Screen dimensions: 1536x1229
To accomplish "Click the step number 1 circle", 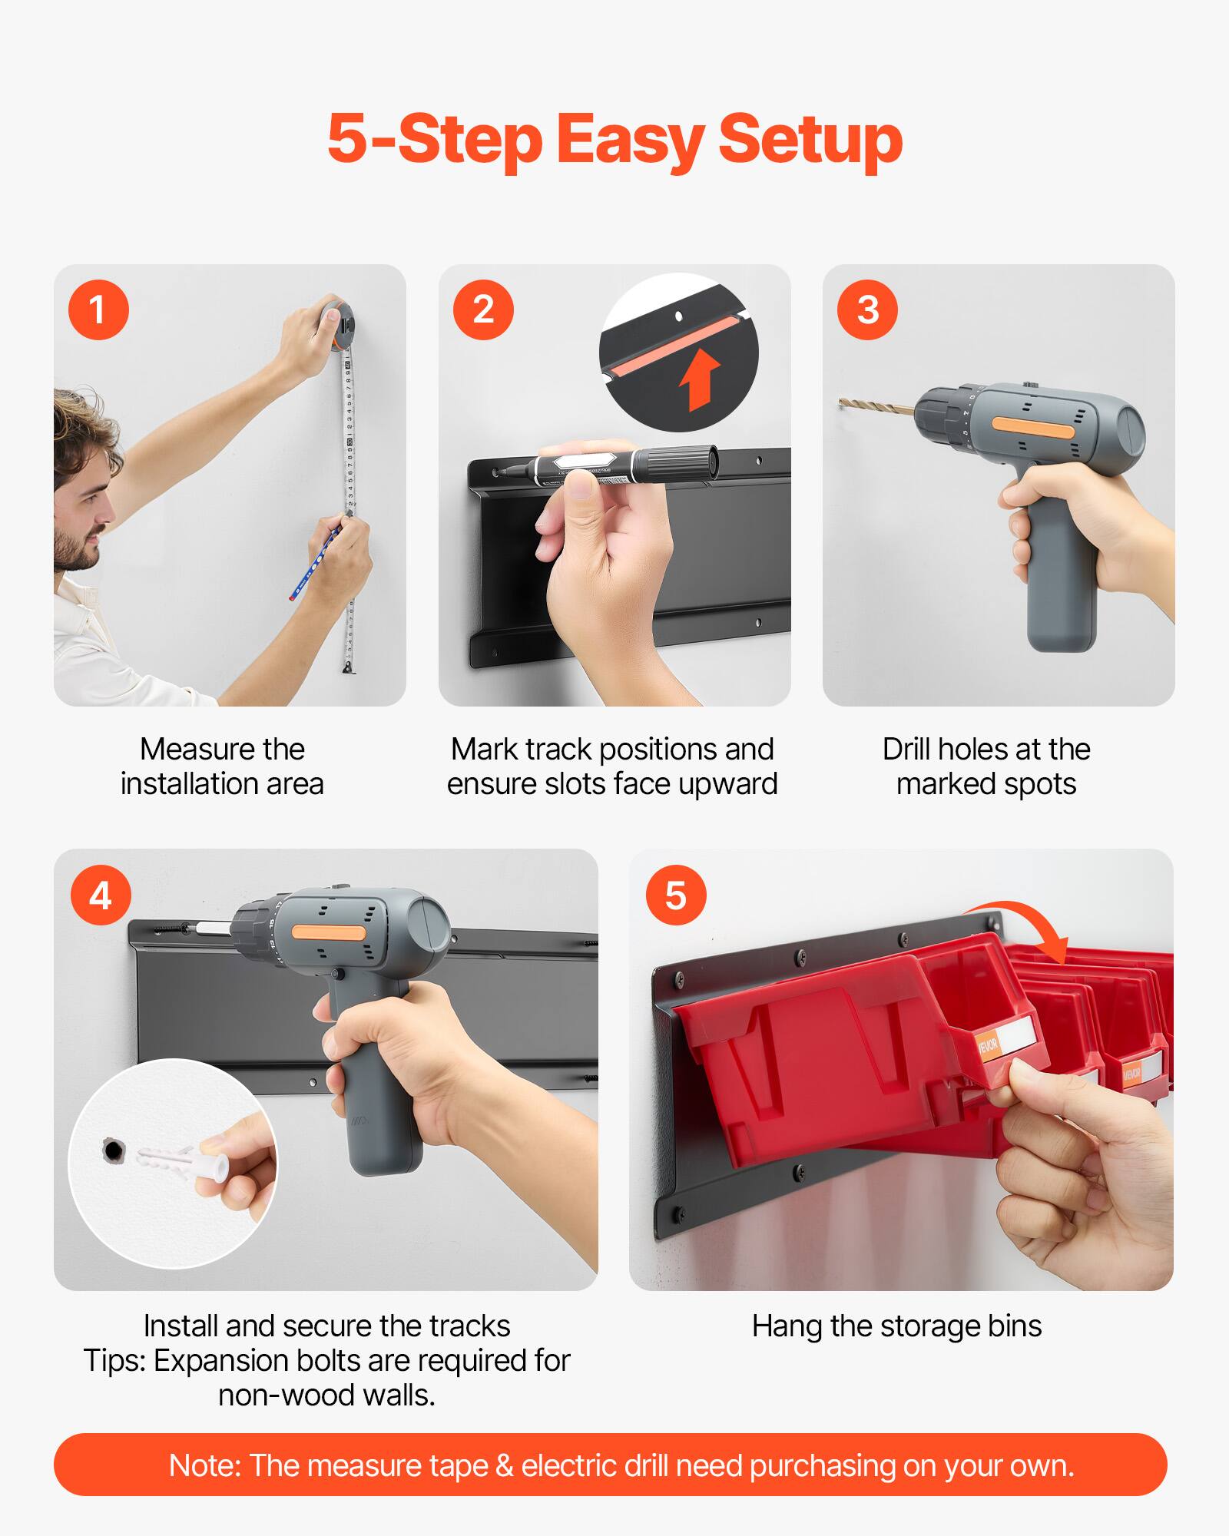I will point(98,310).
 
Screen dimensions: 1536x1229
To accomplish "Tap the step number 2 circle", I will point(483,310).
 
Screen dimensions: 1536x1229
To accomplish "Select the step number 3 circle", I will point(867,310).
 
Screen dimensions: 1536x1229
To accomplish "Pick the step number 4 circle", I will point(101,895).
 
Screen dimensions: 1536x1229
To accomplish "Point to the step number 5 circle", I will point(676,895).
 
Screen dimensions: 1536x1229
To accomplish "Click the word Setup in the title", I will point(810,139).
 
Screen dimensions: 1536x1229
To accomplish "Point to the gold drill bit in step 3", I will point(876,405).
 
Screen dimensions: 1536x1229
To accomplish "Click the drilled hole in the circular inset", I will point(114,1150).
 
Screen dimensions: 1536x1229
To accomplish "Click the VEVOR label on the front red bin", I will point(988,1046).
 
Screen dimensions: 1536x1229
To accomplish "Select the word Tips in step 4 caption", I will point(114,1360).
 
